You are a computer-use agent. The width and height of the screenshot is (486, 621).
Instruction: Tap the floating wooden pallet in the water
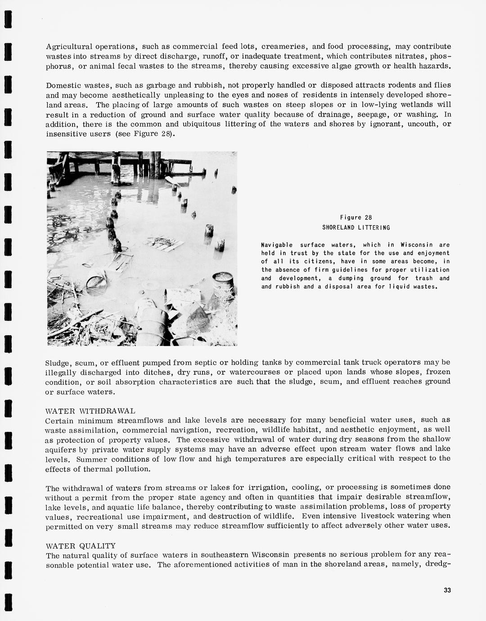click(x=163, y=243)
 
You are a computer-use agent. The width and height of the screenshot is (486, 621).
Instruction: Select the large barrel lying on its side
click(x=153, y=320)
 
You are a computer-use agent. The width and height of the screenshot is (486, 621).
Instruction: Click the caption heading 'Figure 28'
click(x=355, y=217)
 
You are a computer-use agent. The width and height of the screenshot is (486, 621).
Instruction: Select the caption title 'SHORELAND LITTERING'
click(x=356, y=228)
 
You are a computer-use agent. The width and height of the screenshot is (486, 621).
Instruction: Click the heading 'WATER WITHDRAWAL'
click(x=90, y=411)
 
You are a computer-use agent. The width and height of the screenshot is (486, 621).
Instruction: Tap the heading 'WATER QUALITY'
click(x=81, y=545)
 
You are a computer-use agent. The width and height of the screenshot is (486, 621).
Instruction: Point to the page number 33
click(x=447, y=590)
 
